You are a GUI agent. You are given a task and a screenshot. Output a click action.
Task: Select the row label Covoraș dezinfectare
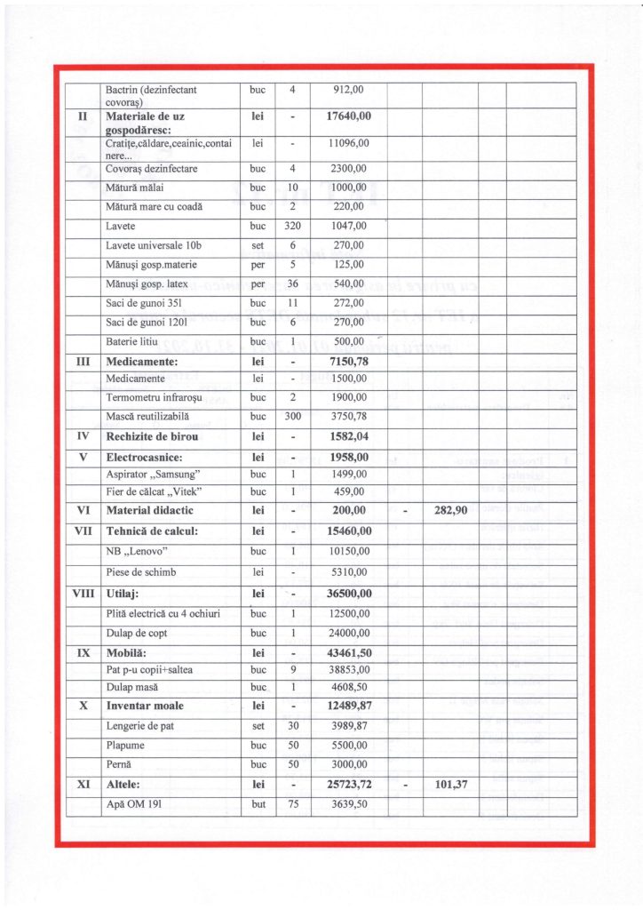point(151,169)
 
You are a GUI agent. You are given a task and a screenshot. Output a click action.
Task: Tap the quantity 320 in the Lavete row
point(292,227)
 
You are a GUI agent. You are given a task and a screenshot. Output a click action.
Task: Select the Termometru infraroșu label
point(155,397)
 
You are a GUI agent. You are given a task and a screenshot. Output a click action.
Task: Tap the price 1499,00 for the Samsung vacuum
point(348,475)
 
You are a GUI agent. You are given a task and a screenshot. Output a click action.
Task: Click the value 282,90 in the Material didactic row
point(450,511)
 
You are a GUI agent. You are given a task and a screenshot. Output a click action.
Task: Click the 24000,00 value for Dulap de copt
point(348,634)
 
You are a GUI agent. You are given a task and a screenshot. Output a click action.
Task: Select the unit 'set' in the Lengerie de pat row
point(258,729)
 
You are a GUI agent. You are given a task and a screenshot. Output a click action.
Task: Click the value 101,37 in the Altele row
point(450,786)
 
